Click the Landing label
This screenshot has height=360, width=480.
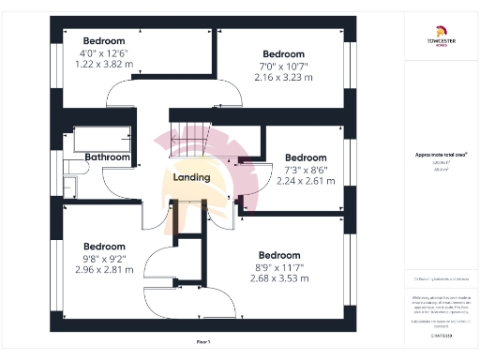(x=190, y=177)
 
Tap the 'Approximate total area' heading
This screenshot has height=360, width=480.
(x=441, y=154)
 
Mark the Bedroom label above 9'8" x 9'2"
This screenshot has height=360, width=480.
(x=103, y=247)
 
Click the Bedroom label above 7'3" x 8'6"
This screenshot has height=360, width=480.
(x=306, y=157)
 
